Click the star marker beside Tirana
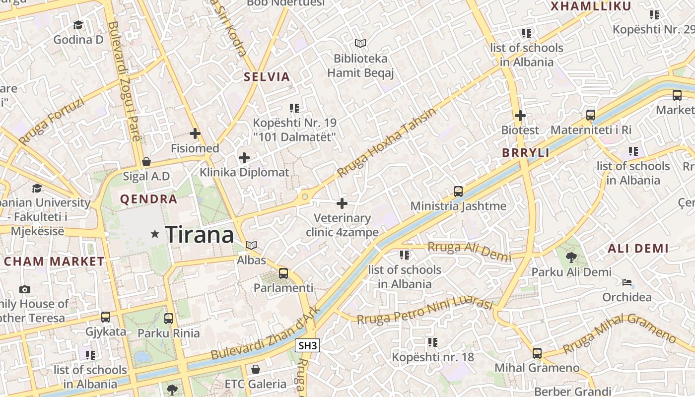tap(155, 234)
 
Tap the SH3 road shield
tap(307, 346)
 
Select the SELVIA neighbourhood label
tap(267, 77)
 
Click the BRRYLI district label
tap(526, 153)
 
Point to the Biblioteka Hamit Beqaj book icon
tap(360, 44)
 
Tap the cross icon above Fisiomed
tap(195, 133)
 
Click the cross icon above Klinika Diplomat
tap(244, 158)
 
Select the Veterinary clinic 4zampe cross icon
tap(342, 203)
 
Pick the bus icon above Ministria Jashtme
tap(458, 191)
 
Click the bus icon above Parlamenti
tap(283, 273)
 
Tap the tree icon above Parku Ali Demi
tap(571, 257)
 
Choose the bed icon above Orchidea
tap(627, 283)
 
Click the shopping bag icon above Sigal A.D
tap(146, 162)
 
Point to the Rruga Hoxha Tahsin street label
tap(387, 142)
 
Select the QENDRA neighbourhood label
tap(149, 199)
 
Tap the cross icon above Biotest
tap(520, 116)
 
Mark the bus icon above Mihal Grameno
tap(537, 353)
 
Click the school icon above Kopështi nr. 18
tap(433, 342)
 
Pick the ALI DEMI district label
tap(638, 248)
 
